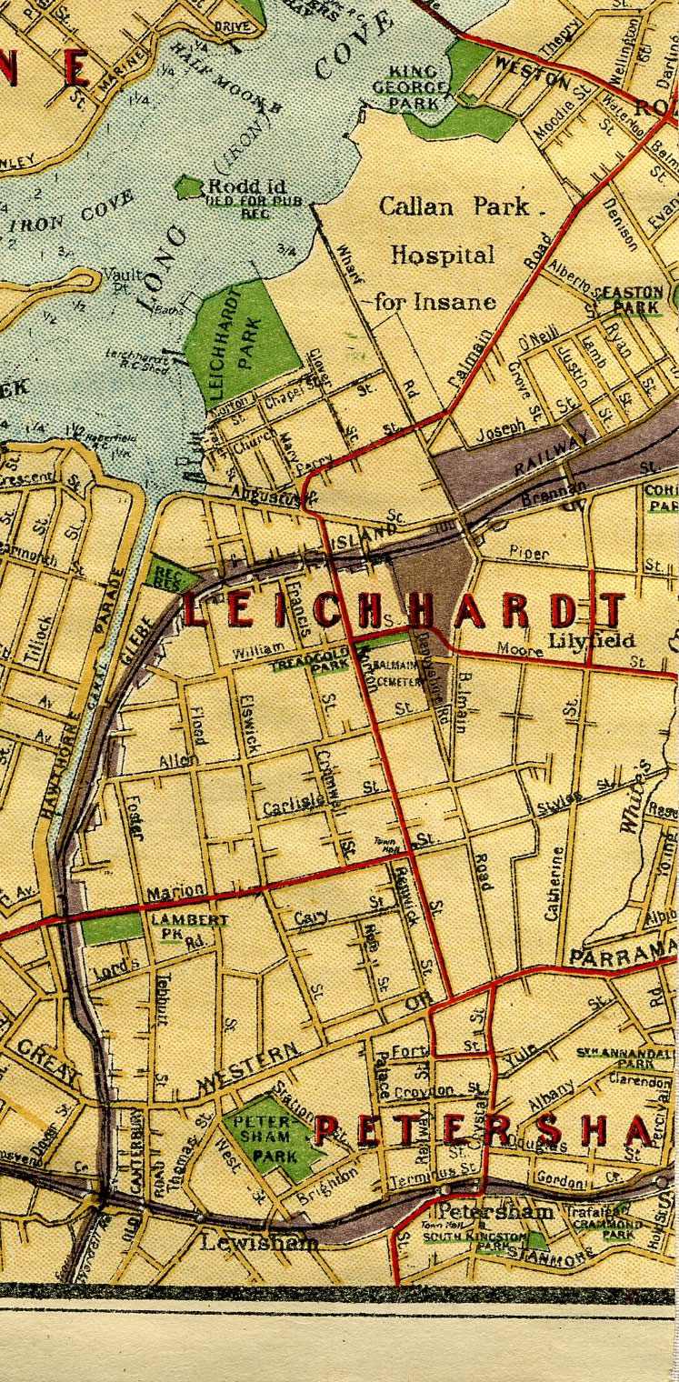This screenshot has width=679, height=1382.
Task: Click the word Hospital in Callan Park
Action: [443, 255]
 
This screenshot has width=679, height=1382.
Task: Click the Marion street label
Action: [175, 894]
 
